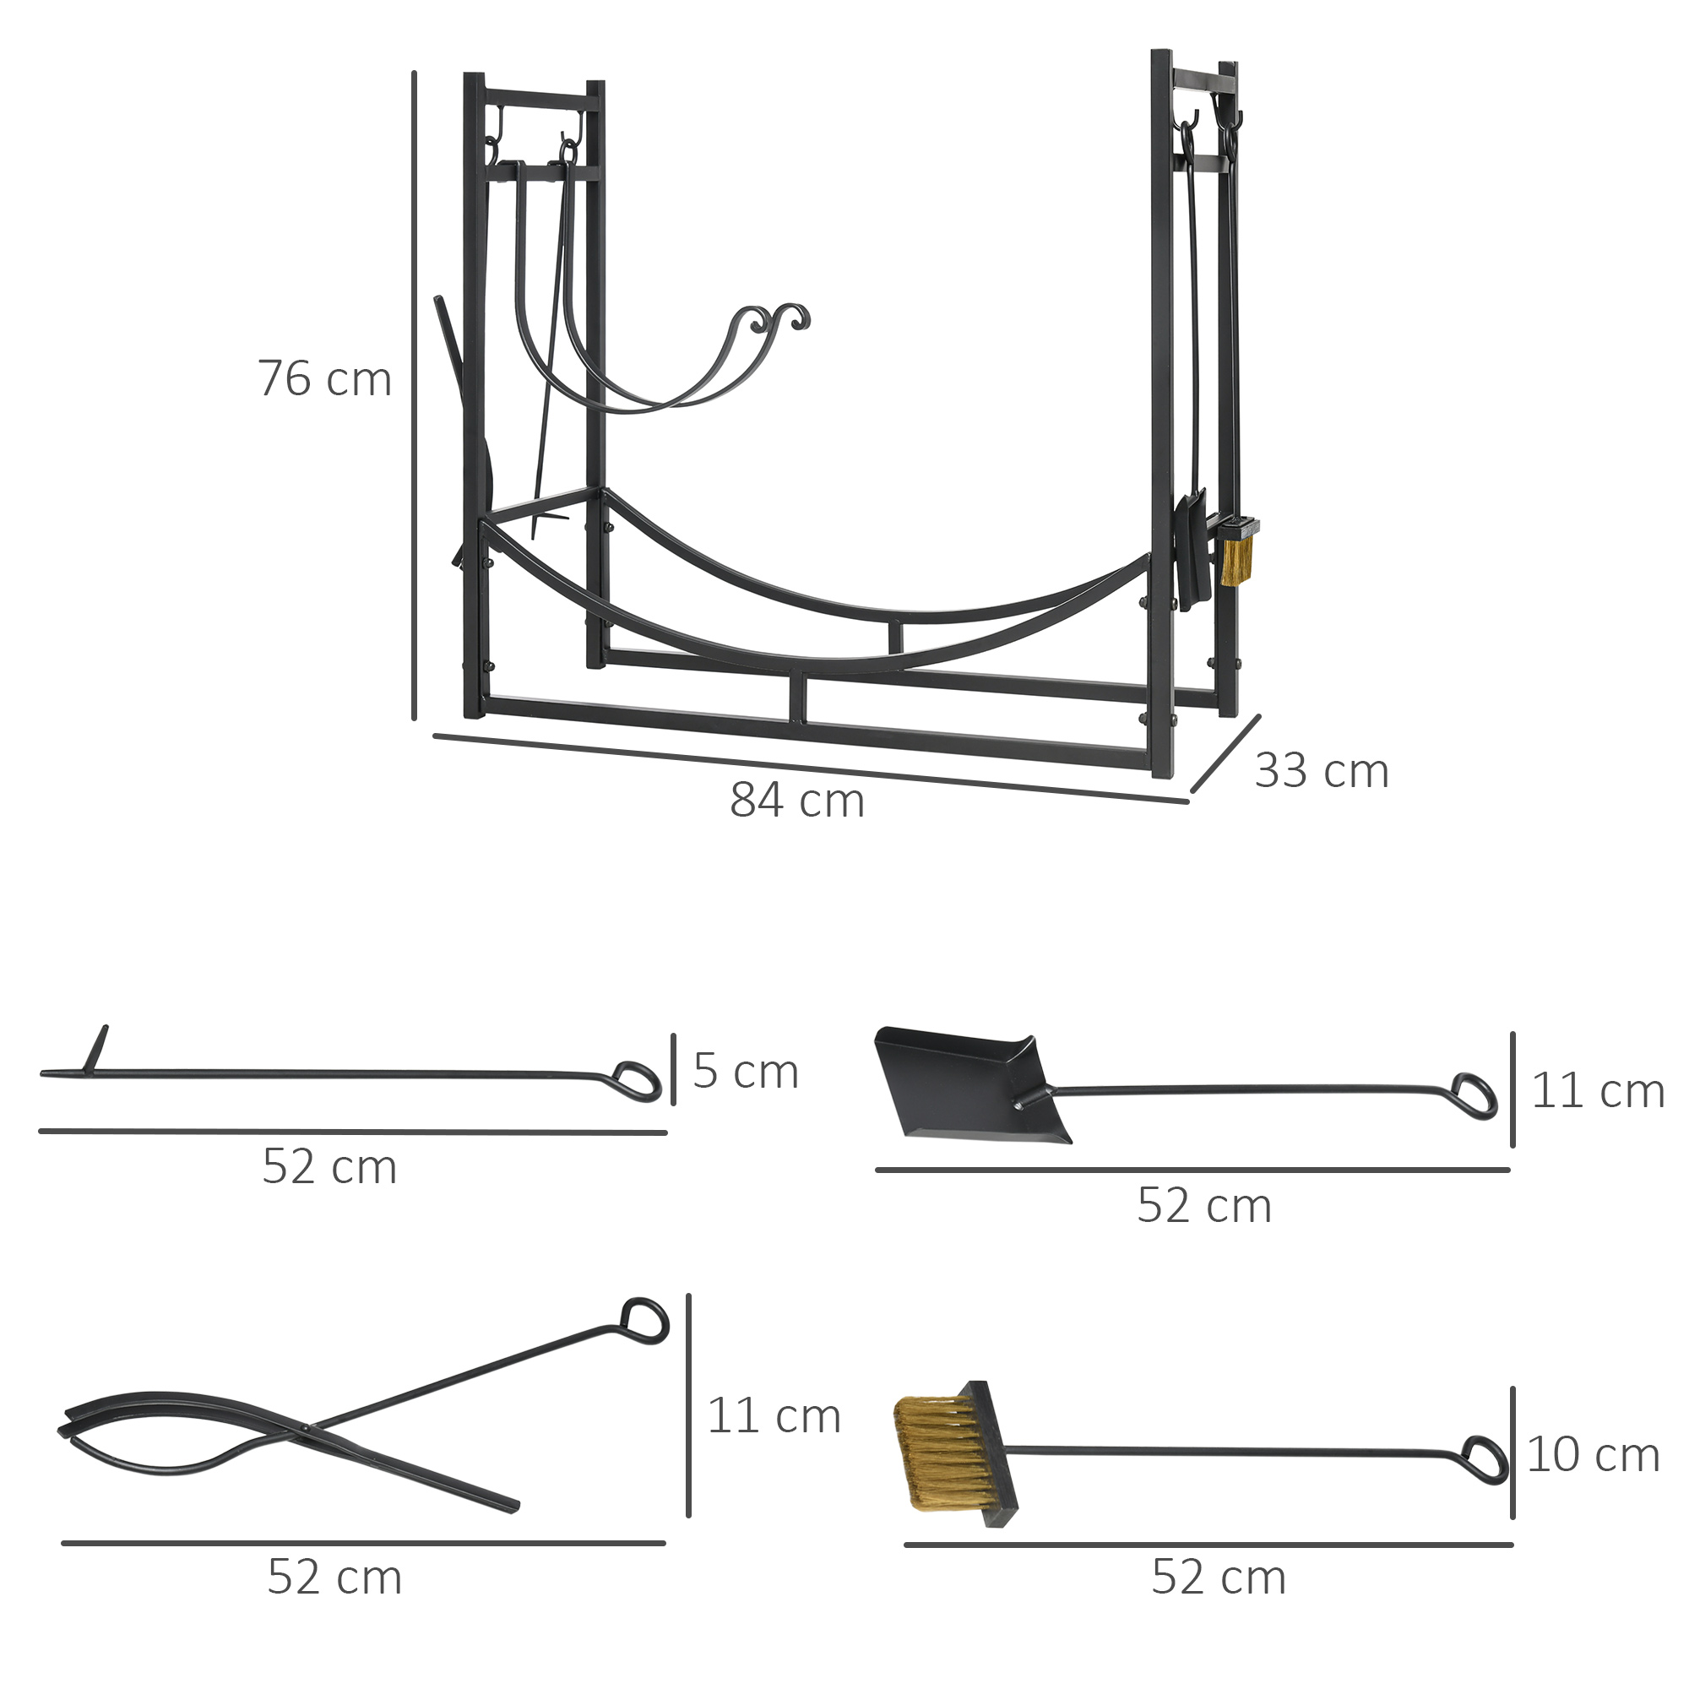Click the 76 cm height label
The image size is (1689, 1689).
(324, 379)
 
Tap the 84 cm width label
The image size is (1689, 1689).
(796, 801)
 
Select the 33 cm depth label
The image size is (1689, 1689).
(1321, 771)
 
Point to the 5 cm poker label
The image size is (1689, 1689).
(746, 1071)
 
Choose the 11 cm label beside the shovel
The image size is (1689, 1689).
(1597, 1091)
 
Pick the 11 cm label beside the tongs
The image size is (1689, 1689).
(773, 1415)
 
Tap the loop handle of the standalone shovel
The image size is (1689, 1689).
(1474, 1097)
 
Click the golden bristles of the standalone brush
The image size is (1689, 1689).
(936, 1453)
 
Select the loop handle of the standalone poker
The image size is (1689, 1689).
(638, 1082)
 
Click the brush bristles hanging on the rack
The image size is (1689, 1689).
(1236, 560)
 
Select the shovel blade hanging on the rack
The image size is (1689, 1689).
(1193, 551)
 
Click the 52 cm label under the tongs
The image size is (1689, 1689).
(334, 1577)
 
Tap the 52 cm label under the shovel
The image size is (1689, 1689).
(1203, 1206)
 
